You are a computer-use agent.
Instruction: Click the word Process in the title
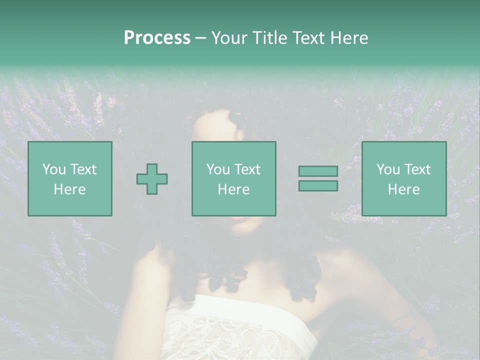[157, 38]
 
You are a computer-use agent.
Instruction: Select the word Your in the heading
[230, 38]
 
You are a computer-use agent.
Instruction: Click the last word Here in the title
[349, 38]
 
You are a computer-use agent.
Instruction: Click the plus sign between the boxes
[152, 179]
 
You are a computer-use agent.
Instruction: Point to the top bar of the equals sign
[318, 171]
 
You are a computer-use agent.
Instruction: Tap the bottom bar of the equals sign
[318, 185]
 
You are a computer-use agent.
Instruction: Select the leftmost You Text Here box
[69, 178]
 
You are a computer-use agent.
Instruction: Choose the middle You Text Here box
[233, 178]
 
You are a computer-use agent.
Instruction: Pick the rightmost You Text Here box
[403, 178]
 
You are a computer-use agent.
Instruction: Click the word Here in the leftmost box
[69, 189]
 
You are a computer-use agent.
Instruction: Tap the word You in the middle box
[218, 169]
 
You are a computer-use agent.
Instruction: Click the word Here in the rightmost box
[403, 189]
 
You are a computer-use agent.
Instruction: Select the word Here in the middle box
[233, 189]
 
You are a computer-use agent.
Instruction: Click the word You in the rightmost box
[388, 169]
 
